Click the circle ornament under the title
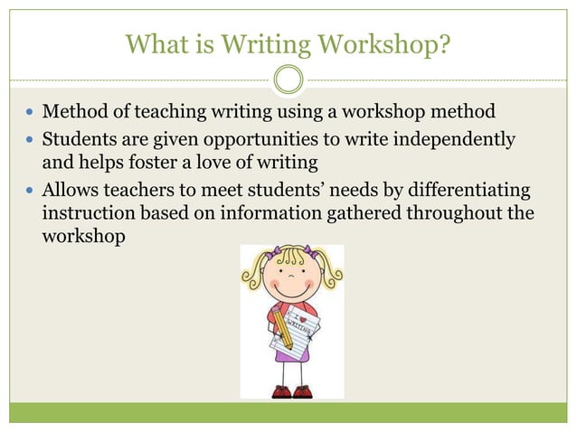click(x=288, y=79)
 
